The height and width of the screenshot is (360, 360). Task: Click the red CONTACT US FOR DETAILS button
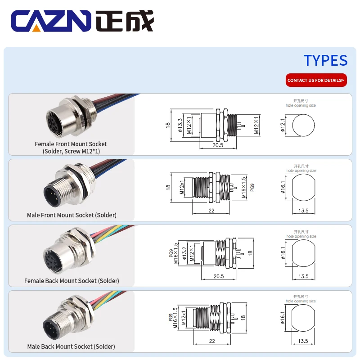click(x=316, y=80)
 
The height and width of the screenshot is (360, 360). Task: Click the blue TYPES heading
click(x=325, y=60)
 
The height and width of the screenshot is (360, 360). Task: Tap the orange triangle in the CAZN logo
click(x=36, y=28)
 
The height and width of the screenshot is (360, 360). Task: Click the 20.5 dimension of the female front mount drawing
click(x=218, y=145)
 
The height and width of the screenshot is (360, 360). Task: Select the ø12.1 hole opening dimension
click(x=283, y=125)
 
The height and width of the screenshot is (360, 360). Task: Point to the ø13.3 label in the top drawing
click(x=180, y=125)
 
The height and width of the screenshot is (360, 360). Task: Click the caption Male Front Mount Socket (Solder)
click(x=72, y=215)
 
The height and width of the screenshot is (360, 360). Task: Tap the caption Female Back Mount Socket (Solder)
click(x=72, y=281)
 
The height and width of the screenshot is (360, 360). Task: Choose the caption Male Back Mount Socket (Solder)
click(x=71, y=346)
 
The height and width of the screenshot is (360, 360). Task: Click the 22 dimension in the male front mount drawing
click(x=211, y=211)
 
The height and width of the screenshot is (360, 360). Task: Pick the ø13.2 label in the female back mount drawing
click(x=184, y=253)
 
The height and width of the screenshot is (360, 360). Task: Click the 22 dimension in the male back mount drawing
click(x=212, y=341)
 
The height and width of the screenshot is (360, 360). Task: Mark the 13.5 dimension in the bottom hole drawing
click(x=303, y=341)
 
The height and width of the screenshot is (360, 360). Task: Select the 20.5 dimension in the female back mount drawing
click(x=219, y=276)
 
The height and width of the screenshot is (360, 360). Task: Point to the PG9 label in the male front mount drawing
click(x=252, y=187)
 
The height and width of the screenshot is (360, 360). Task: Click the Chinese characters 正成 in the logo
click(x=125, y=21)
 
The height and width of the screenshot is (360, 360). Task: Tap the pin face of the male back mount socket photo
click(x=51, y=328)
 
